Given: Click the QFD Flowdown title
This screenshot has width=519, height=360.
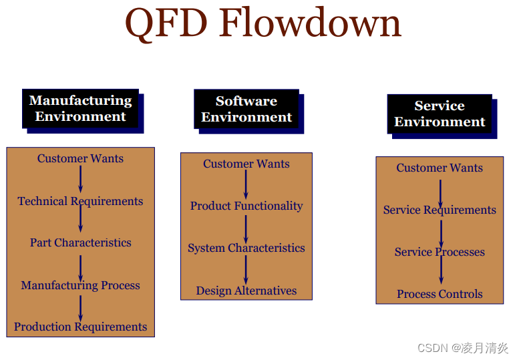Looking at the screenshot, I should click(263, 23).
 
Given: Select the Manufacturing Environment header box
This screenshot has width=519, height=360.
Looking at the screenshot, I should click(80, 108).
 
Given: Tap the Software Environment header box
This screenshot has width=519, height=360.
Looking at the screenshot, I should click(246, 109).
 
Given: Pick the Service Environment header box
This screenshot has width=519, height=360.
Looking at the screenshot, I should click(440, 114).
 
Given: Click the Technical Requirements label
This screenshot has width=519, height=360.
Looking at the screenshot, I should click(80, 201).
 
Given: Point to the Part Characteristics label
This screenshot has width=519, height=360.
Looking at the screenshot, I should click(80, 242).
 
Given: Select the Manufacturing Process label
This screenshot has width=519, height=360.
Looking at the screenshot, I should click(80, 285).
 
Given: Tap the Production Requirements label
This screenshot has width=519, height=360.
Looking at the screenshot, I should click(80, 327).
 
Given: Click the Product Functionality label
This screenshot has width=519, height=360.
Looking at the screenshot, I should click(246, 206).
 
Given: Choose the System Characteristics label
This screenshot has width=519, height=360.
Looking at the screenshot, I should click(246, 248).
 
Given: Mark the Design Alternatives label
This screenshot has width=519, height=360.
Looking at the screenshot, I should click(246, 291).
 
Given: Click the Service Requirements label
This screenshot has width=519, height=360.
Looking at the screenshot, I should click(440, 210).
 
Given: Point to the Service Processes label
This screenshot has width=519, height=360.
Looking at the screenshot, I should click(440, 252).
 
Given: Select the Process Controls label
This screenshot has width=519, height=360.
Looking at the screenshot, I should click(440, 294).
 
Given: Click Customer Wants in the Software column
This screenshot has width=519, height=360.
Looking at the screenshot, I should click(246, 164).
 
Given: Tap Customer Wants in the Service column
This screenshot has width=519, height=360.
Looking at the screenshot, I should click(440, 168).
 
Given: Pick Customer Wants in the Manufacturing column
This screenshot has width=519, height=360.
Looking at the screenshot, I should click(80, 158).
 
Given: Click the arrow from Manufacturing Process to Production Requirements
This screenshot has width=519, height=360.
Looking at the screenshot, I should click(81, 307).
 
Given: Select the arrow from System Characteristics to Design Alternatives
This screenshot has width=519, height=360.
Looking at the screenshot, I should click(246, 269).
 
